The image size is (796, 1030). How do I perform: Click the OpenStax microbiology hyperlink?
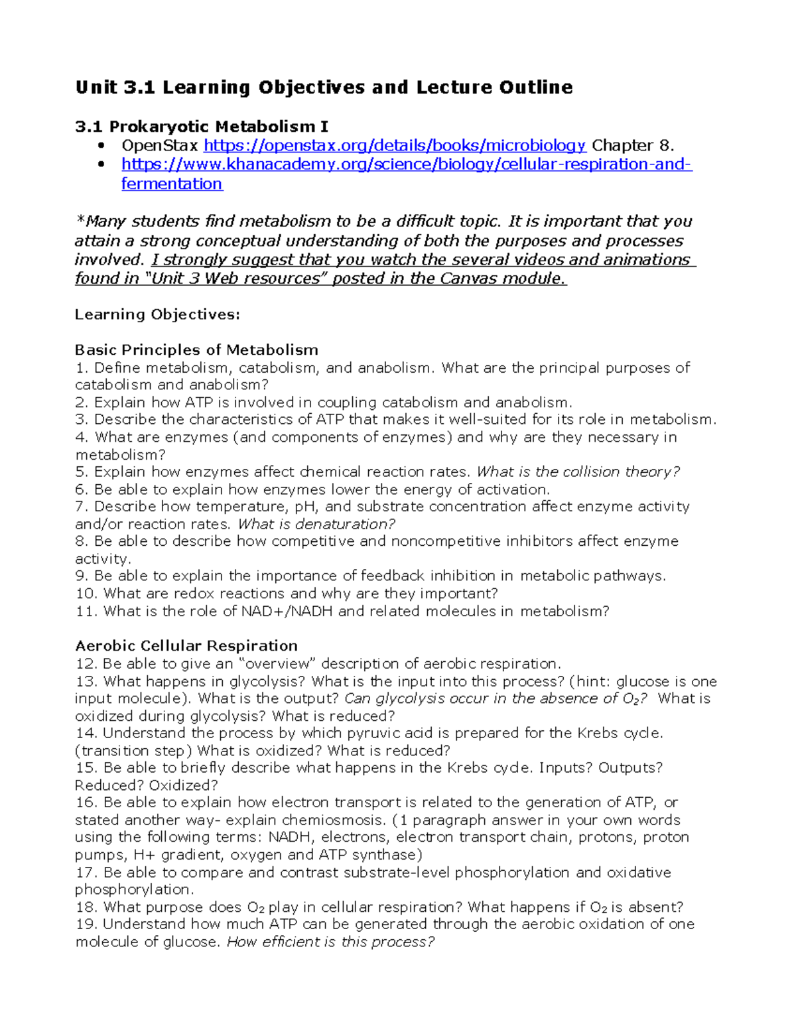point(395,145)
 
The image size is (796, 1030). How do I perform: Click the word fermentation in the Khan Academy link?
point(172,184)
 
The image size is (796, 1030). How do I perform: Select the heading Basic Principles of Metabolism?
point(196,350)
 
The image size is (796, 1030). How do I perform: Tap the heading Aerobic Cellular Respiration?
point(186,645)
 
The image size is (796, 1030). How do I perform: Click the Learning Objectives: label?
point(157,314)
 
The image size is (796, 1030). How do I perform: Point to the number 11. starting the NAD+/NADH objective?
point(86,611)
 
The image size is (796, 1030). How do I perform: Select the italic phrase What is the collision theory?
point(578,472)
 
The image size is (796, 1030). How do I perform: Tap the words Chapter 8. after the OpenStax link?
point(633,145)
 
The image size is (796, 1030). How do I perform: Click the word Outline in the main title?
point(536,88)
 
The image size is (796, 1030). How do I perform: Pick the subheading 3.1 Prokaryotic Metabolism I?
point(202,126)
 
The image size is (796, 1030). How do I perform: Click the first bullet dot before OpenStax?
point(101,145)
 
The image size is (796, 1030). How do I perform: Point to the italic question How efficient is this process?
point(330,942)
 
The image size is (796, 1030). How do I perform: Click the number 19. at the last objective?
point(86,924)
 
